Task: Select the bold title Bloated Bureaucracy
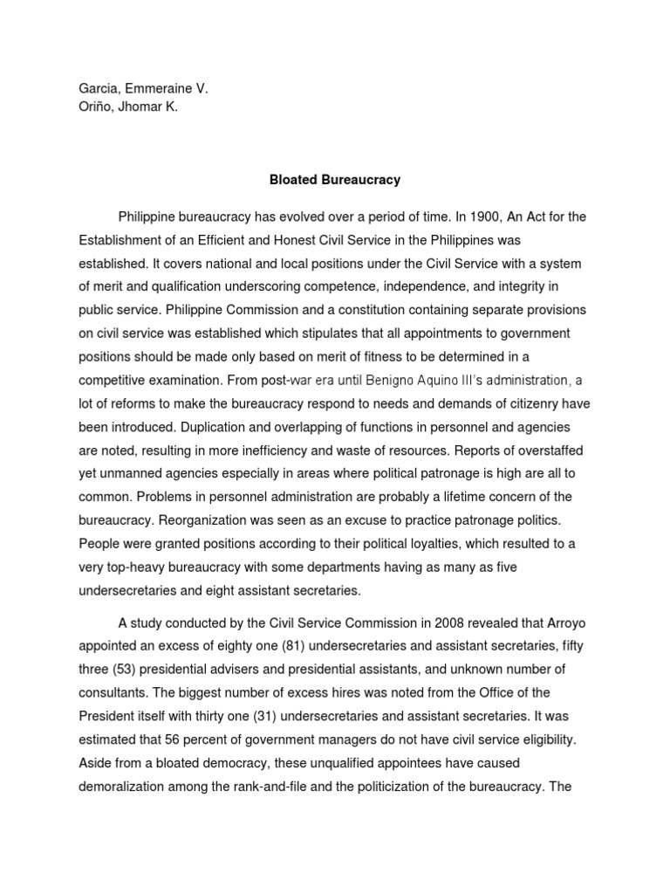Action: click(334, 180)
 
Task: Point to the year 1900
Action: click(485, 217)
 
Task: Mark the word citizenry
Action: click(530, 403)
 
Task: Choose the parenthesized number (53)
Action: click(129, 670)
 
